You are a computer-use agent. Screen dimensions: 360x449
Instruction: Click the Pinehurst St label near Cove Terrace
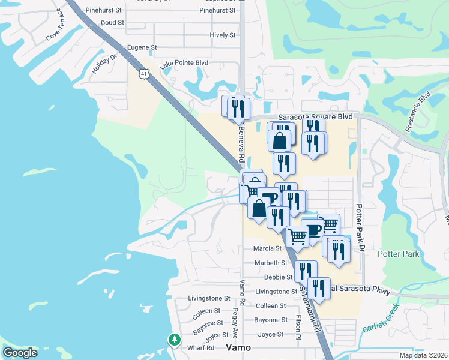(x=103, y=10)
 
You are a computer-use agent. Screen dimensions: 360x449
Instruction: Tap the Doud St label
(x=113, y=22)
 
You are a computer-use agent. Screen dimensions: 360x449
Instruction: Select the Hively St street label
(x=223, y=35)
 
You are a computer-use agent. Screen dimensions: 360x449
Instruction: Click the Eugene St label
(x=142, y=47)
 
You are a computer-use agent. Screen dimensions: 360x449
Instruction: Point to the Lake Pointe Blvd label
(x=184, y=62)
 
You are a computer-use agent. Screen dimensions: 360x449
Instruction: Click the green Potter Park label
(x=398, y=254)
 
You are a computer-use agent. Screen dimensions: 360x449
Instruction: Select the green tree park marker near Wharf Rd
(x=174, y=340)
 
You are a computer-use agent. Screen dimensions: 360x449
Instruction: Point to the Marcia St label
(x=267, y=248)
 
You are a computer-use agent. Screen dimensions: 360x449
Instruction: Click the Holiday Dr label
(x=105, y=62)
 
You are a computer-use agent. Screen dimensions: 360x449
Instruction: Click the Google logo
(x=20, y=353)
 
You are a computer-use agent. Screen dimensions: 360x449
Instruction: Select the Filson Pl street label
(x=298, y=327)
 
